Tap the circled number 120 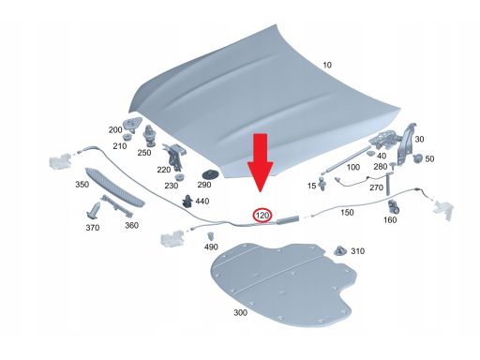262,217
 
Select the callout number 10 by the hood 327,65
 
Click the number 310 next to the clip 356,251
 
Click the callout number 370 91,228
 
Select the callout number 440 202,202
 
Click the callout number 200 115,129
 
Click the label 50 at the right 429,159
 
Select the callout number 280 380,166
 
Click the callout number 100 352,167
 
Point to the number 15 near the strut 312,187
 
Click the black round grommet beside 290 209,174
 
